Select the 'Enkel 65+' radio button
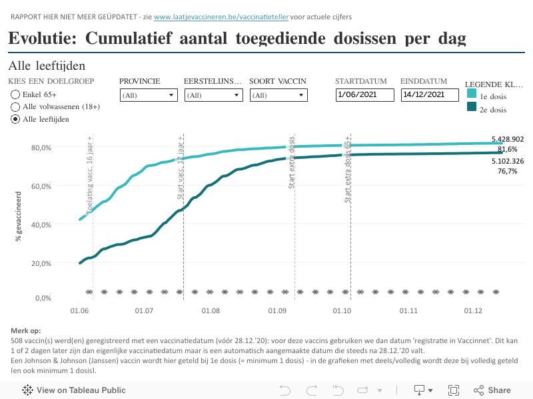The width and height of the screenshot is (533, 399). pyautogui.click(x=15, y=94)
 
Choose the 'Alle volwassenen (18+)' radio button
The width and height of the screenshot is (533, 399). pyautogui.click(x=15, y=106)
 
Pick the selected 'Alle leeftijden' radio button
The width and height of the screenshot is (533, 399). pyautogui.click(x=15, y=119)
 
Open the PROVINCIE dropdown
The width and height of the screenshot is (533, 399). pyautogui.click(x=149, y=95)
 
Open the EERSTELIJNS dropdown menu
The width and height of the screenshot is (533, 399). pyautogui.click(x=213, y=95)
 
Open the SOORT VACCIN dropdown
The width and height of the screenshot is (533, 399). pyautogui.click(x=278, y=95)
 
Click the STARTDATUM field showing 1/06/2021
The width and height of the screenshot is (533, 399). pyautogui.click(x=364, y=95)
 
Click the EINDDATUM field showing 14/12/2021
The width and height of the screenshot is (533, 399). pyautogui.click(x=430, y=95)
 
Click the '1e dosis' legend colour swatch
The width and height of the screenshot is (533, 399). pyautogui.click(x=471, y=96)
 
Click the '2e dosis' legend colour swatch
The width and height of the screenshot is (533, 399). pyautogui.click(x=471, y=107)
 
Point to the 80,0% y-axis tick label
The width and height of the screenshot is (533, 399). pyautogui.click(x=41, y=148)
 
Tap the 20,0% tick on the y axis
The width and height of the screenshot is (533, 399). pyautogui.click(x=41, y=263)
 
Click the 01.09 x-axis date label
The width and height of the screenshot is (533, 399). pyautogui.click(x=276, y=311)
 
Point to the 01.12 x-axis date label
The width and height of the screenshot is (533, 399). pyautogui.click(x=473, y=311)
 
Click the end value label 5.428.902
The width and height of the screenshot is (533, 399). pyautogui.click(x=507, y=140)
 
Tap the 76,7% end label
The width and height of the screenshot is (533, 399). pyautogui.click(x=507, y=171)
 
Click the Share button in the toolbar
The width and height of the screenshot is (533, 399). pyautogui.click(x=492, y=390)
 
